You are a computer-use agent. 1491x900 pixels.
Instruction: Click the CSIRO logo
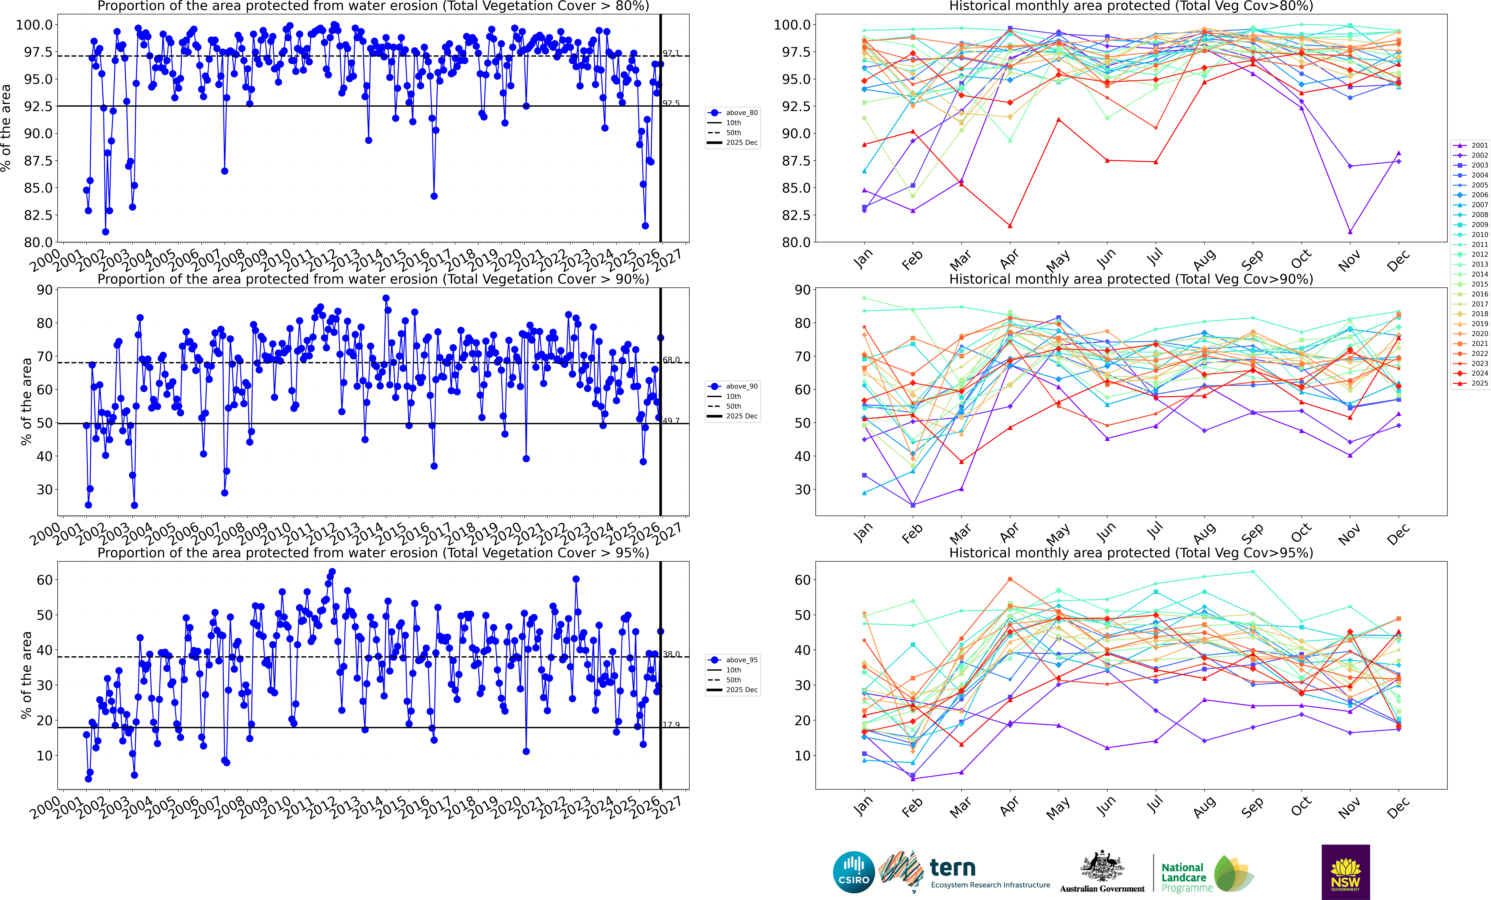(x=853, y=872)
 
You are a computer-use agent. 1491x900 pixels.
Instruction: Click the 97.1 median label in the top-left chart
(x=671, y=53)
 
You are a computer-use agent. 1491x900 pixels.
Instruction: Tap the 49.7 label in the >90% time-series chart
(x=671, y=421)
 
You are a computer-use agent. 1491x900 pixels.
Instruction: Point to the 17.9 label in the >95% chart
(x=671, y=724)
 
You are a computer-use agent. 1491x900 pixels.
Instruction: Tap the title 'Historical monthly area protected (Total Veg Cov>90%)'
(x=1130, y=279)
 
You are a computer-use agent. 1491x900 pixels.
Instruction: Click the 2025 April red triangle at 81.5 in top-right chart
(x=1010, y=226)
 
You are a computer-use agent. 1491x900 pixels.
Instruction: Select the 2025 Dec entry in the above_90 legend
(x=741, y=416)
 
